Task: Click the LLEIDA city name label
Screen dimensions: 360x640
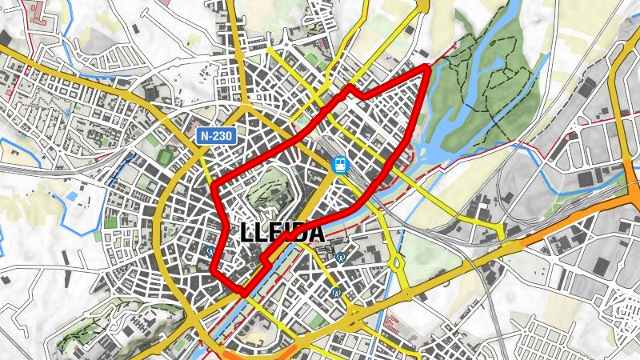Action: (282, 233)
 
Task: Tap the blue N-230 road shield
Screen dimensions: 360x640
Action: (216, 136)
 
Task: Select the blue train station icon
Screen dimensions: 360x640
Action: (341, 165)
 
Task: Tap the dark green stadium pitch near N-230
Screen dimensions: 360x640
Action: (166, 158)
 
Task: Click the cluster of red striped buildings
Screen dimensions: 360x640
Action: (391, 324)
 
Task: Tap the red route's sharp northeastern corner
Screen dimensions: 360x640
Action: (426, 70)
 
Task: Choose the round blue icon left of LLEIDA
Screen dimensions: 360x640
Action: (210, 249)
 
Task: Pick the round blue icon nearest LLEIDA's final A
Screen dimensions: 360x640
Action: (342, 258)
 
